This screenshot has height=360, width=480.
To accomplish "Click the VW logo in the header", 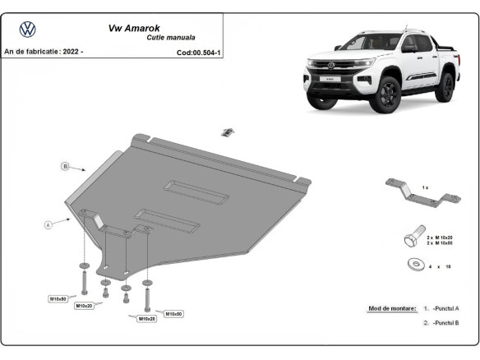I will [28, 30].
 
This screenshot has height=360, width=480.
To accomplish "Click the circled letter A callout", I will [48, 223].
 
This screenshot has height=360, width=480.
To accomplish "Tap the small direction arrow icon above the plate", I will [228, 131].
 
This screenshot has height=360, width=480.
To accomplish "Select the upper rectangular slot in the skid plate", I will [197, 191].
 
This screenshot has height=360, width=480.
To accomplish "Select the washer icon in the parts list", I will [415, 265].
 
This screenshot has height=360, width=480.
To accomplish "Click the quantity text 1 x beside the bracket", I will [425, 188].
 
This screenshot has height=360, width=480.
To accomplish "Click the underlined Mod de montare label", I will [391, 307].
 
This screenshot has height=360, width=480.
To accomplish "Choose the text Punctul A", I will [446, 307].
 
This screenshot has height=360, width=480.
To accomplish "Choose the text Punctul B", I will [446, 323].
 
